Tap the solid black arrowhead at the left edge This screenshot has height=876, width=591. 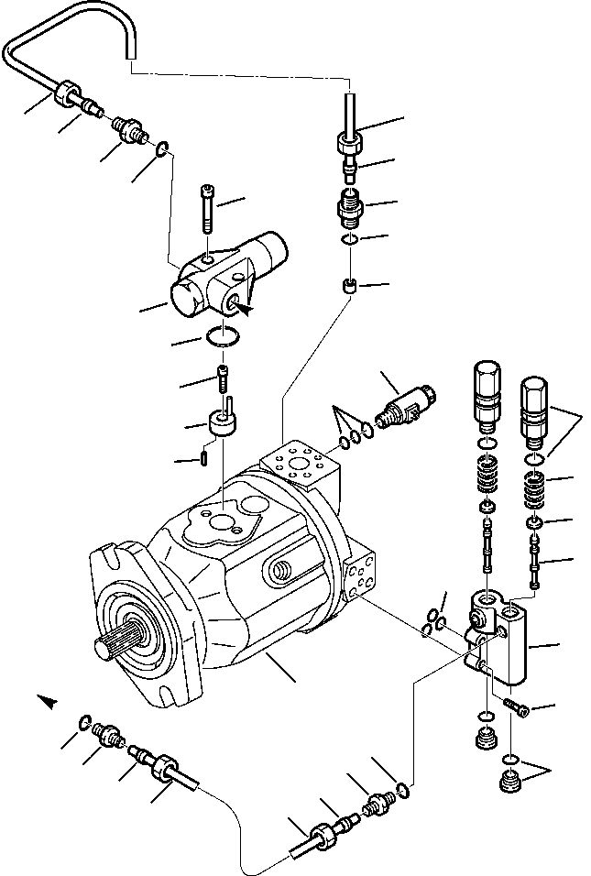pos(49,701)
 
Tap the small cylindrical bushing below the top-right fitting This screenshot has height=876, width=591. pos(349,286)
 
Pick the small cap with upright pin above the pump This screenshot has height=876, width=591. pos(220,422)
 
